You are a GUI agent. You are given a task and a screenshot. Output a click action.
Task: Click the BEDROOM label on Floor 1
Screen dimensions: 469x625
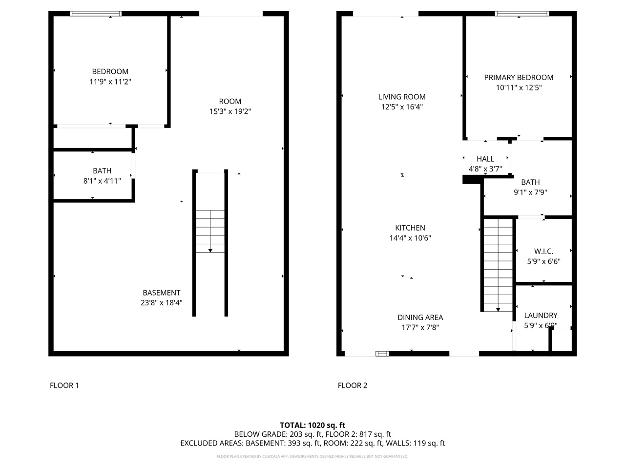110,71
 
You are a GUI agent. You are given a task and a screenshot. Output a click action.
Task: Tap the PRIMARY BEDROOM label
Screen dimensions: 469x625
519,77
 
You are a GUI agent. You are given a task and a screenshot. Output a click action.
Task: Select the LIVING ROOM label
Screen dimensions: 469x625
402,97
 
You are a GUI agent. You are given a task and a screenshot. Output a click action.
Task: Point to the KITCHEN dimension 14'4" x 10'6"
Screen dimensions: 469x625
410,238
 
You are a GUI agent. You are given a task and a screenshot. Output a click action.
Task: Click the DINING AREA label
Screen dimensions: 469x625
420,317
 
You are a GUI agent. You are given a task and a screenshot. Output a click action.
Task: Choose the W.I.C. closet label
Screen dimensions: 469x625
543,251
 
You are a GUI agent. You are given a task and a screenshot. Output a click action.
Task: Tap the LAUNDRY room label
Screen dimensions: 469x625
541,315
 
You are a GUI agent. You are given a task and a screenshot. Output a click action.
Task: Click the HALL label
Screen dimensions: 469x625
485,159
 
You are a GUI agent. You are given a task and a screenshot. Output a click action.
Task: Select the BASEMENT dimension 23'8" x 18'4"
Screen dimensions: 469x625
162,303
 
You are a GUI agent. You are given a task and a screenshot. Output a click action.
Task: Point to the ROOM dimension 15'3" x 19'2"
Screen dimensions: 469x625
230,112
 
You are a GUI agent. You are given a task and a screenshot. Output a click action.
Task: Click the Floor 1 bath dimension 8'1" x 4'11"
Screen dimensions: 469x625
102,181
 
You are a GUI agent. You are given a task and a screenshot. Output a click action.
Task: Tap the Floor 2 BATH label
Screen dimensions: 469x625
530,182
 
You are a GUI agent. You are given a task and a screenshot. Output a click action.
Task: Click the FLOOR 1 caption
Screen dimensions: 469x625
64,385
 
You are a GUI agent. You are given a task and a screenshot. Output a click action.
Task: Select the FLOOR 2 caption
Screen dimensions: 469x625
353,385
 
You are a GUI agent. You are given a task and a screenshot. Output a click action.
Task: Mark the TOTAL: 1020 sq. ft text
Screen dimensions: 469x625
312,425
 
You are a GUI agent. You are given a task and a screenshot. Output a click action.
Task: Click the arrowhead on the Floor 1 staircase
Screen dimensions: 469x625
210,250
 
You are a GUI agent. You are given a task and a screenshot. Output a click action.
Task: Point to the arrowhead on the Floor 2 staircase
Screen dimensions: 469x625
498,309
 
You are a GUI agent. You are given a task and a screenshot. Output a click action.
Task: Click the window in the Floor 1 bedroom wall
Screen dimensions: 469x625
96,14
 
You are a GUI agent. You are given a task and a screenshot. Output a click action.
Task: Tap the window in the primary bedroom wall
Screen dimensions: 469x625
522,14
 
